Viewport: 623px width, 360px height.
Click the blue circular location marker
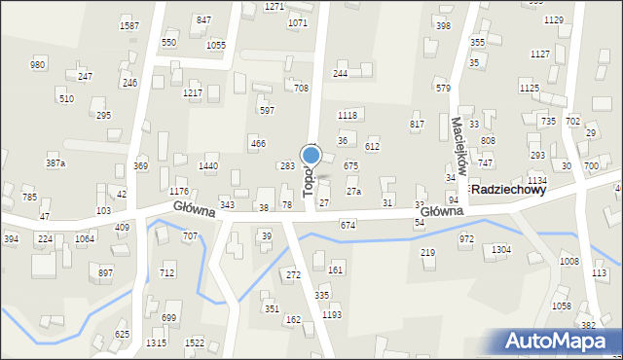311,154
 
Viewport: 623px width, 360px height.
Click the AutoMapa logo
562,342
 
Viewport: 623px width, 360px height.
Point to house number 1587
128,25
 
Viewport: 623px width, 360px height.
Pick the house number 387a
55,163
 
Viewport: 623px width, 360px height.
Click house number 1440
207,166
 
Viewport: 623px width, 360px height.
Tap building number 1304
500,250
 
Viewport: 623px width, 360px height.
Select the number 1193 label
332,315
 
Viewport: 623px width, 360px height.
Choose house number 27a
353,192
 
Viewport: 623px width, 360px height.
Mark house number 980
37,64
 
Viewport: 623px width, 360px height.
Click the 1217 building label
192,92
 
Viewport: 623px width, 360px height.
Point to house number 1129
554,20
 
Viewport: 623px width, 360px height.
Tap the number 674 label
348,225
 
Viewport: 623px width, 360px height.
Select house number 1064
85,238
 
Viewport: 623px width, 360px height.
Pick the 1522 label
195,343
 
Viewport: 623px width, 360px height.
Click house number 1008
569,262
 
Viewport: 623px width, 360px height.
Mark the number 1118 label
348,116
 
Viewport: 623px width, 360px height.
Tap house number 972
466,238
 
